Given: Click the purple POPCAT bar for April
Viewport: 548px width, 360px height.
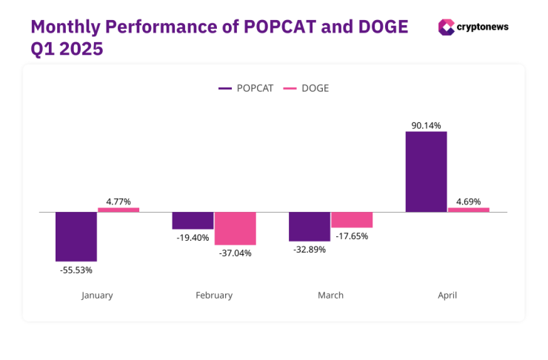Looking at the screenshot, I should (426, 172).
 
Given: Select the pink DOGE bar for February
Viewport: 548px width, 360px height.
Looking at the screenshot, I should (235, 228).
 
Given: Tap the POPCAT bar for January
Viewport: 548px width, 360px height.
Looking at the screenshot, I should (76, 236).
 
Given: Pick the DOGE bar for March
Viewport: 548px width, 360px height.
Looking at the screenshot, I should (352, 219).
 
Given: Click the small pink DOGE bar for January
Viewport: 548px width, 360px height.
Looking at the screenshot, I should (118, 210).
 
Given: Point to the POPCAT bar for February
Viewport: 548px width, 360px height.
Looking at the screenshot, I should (193, 221).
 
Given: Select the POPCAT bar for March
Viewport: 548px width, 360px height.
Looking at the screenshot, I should (310, 226).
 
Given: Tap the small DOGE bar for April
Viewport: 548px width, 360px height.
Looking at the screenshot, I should (469, 210).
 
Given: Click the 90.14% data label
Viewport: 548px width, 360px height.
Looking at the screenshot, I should (426, 126).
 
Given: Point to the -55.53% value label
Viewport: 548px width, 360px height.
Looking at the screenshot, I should (76, 270).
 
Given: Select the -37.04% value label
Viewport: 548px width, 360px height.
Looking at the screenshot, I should (235, 253).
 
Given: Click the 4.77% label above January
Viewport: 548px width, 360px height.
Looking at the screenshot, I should (118, 200).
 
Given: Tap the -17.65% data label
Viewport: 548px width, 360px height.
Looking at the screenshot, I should (352, 236).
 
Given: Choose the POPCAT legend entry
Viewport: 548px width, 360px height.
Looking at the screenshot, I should (246, 88).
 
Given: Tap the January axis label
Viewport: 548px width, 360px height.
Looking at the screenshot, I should (97, 295).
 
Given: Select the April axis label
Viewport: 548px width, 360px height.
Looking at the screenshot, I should (447, 295).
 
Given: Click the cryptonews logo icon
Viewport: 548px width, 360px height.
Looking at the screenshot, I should (447, 27).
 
